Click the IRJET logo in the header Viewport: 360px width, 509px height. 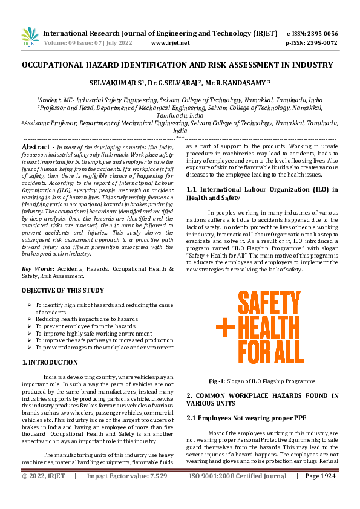[29, 37]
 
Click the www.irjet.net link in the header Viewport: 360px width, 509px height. [170, 43]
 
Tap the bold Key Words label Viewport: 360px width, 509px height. [36, 268]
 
